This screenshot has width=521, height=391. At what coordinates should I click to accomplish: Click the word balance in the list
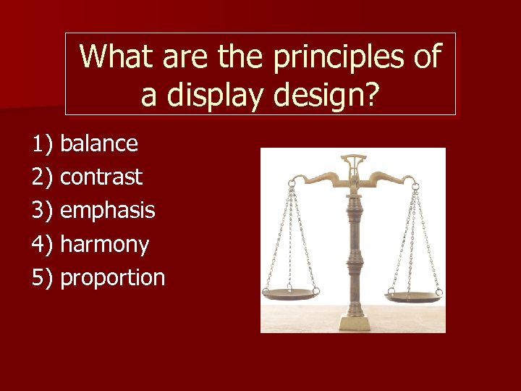[99, 144]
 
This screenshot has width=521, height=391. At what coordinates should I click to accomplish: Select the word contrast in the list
[101, 177]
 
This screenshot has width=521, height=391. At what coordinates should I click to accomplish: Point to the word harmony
[104, 245]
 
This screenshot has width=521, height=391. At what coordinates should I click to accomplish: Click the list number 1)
[43, 144]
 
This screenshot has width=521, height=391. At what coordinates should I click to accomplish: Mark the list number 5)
[43, 278]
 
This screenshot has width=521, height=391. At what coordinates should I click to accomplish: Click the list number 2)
[43, 177]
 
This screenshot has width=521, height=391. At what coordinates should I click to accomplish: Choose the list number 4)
[43, 245]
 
